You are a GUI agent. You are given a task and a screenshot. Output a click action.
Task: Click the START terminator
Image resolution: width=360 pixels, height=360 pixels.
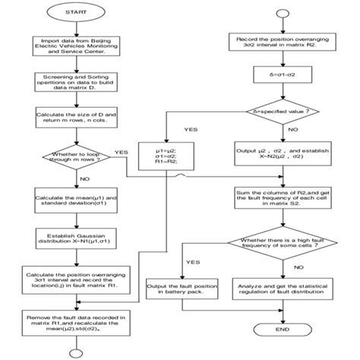click(74, 14)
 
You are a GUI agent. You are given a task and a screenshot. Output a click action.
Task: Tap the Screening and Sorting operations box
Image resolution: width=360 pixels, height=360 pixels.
click(74, 81)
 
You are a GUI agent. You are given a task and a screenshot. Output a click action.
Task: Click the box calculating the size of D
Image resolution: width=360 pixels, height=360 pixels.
click(74, 117)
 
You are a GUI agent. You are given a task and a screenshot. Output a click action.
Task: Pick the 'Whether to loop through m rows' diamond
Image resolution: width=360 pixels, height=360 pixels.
click(74, 156)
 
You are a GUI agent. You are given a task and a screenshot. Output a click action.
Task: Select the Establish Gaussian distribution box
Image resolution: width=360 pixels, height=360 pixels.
click(74, 241)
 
